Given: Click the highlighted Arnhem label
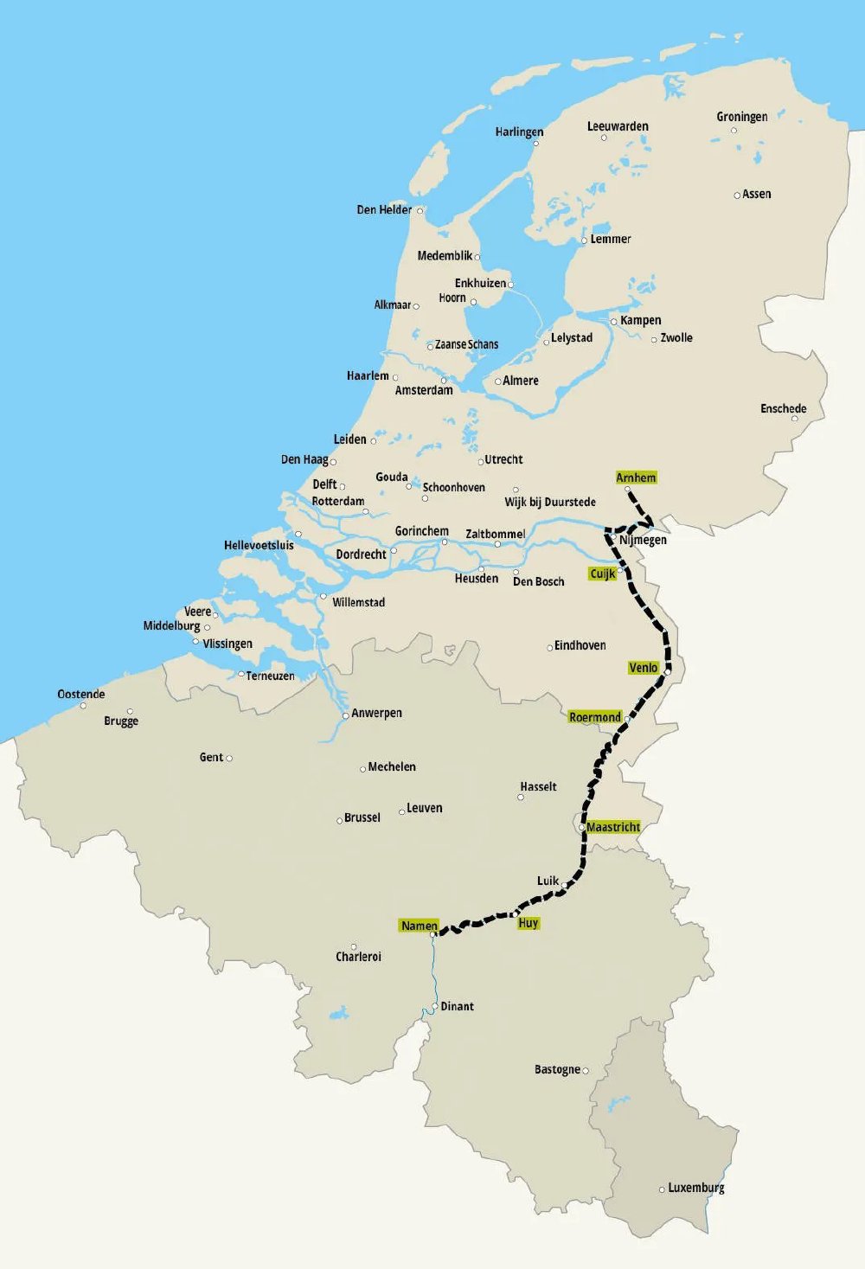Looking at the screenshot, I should (x=636, y=477).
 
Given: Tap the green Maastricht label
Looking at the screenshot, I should (x=613, y=827).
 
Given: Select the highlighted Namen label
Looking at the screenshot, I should (x=419, y=926).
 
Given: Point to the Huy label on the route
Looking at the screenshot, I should (x=529, y=923).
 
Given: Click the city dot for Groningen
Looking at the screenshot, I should (x=734, y=131).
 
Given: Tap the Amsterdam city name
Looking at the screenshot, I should (x=424, y=390).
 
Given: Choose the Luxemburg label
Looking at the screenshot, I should (x=695, y=1188).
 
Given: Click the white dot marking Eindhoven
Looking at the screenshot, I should (x=549, y=647).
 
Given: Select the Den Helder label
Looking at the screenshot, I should (x=384, y=209).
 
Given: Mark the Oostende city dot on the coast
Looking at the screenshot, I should (x=83, y=705).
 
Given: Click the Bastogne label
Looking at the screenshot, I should (x=557, y=1069).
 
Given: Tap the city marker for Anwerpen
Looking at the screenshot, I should (x=345, y=715).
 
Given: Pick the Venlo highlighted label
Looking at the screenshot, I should (x=644, y=668).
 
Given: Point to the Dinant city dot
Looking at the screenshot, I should (x=434, y=1007).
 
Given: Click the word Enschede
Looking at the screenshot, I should (x=783, y=408).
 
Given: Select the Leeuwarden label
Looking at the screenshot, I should (x=618, y=126).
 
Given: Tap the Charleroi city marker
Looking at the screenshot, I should (x=353, y=945).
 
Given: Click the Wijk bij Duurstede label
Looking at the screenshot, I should (x=550, y=502).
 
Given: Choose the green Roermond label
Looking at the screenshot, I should (x=595, y=717).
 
